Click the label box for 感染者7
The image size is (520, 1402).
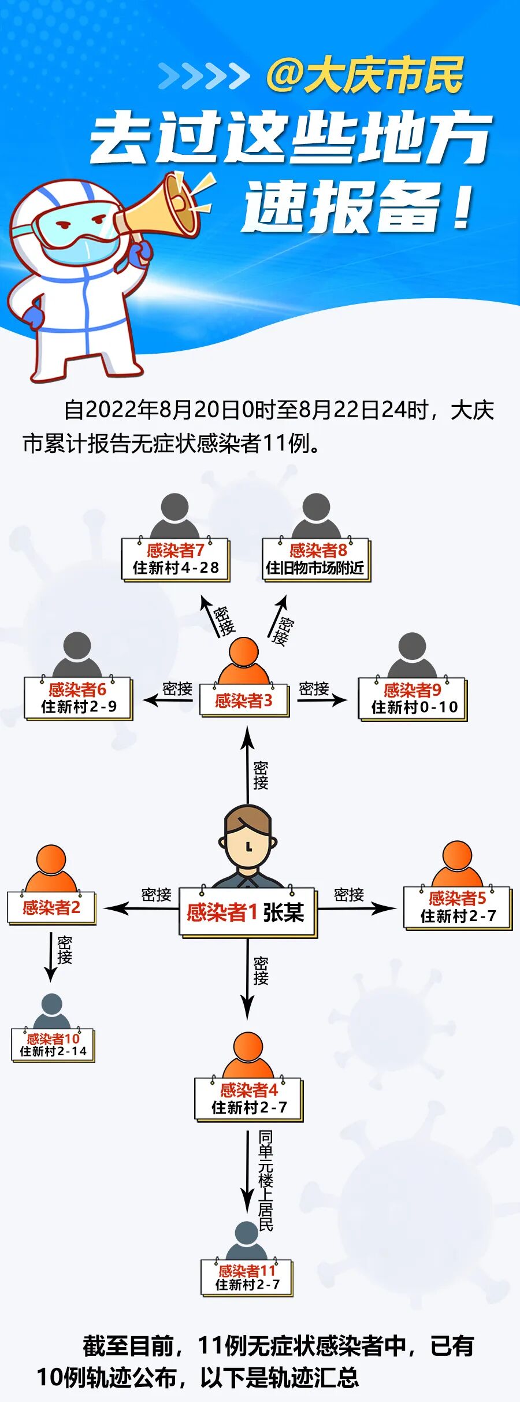coord(176,559)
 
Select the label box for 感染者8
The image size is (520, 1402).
coord(316,559)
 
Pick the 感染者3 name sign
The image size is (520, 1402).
coord(244,700)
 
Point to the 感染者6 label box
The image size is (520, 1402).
coord(78,698)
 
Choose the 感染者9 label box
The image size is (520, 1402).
coord(413,699)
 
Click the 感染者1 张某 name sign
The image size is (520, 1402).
coord(247,913)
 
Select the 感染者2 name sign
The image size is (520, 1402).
coord(51,908)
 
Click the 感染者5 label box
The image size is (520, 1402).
coord(457,907)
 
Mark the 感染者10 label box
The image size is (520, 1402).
coord(53,1044)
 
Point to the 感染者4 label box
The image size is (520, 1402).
coord(248,1099)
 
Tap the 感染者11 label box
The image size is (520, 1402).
coord(247,1277)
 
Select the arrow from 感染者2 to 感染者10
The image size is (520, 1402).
coord(51,956)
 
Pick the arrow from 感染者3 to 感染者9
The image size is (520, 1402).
coord(322,700)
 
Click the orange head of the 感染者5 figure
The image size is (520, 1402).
coord(457,856)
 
